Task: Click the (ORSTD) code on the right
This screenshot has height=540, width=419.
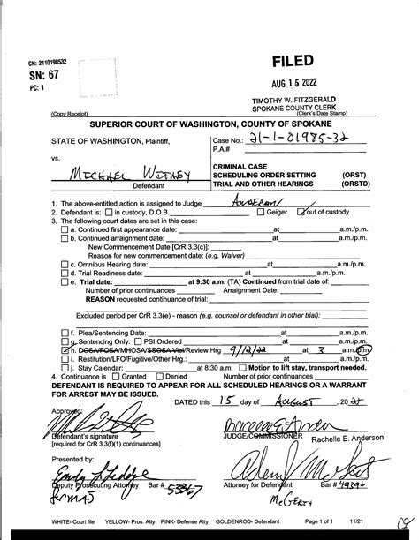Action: (357, 186)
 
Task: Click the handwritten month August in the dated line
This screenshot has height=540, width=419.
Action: (259, 401)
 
